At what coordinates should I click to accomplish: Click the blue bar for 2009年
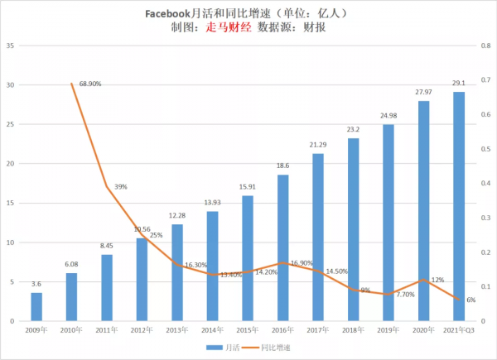tap(36, 306)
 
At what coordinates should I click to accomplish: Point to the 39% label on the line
tap(121, 187)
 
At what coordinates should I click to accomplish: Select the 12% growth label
tap(438, 280)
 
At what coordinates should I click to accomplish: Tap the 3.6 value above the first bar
tap(36, 284)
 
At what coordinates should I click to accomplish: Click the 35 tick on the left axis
tap(10, 46)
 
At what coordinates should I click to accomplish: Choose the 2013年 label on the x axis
tap(177, 329)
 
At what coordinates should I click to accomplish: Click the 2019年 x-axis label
tap(388, 329)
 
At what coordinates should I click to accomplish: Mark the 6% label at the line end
tap(470, 300)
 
